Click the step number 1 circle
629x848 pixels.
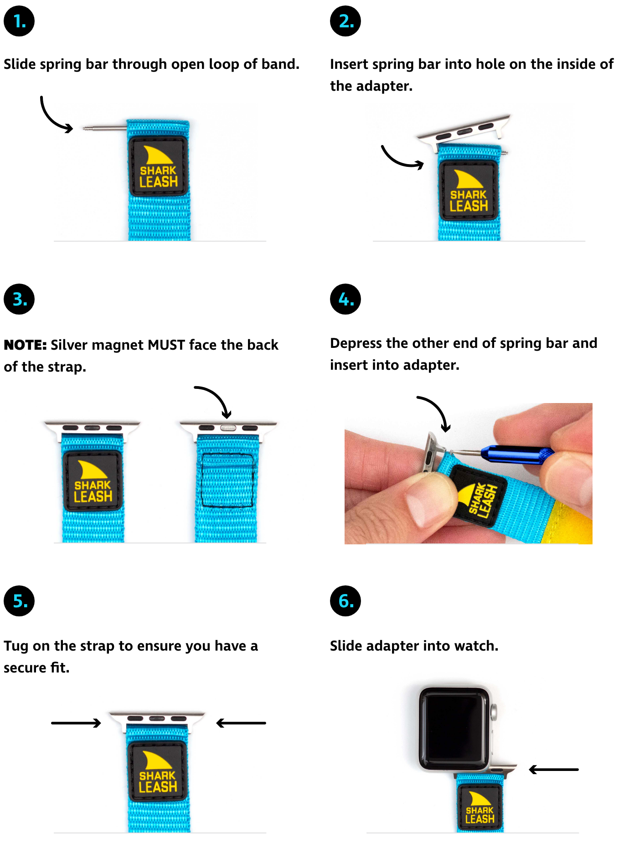pos(19,21)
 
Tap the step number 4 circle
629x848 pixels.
pos(345,299)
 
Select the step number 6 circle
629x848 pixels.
pos(345,601)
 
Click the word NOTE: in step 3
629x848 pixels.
pos(25,345)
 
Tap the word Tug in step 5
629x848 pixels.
pos(16,646)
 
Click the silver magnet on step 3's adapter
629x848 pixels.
pos(228,428)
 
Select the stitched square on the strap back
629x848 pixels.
pos(227,480)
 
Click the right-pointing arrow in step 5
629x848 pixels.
pos(76,723)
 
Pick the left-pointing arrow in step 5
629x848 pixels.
pos(241,723)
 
